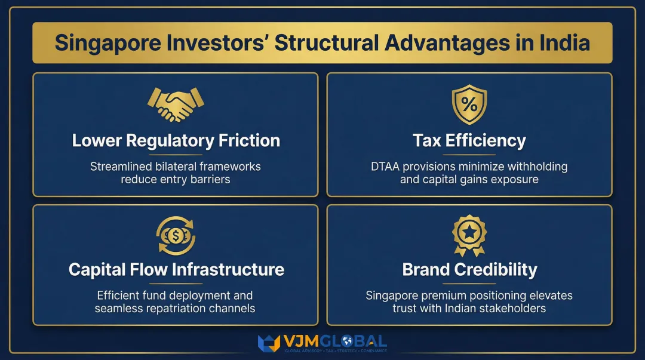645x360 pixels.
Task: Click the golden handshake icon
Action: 176,104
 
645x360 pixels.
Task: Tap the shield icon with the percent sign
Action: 469,105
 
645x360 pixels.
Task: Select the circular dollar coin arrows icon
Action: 176,235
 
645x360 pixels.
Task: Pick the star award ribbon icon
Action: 469,235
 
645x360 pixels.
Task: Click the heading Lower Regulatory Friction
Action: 176,141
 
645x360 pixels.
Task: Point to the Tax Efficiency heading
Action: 469,141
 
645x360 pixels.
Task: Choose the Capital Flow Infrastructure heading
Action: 176,269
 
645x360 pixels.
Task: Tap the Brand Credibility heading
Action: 469,269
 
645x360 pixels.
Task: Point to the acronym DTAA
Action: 387,167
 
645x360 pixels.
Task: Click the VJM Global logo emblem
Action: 269,343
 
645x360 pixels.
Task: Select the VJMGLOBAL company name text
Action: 335,341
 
